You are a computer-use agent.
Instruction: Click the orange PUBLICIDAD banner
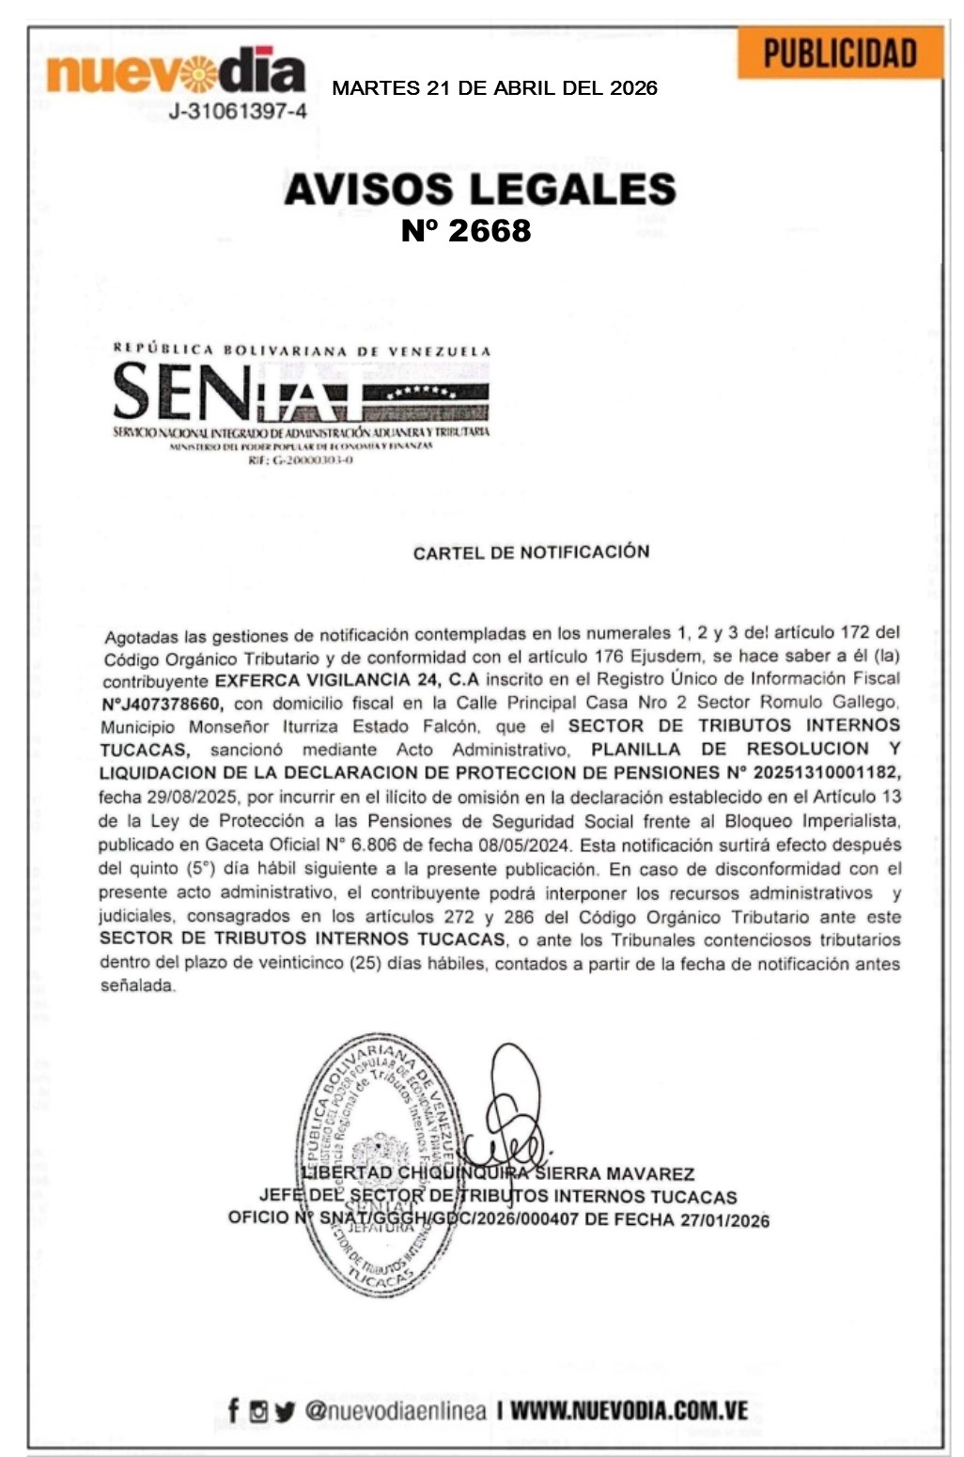click(x=839, y=54)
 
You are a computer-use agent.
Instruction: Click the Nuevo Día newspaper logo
click(x=175, y=72)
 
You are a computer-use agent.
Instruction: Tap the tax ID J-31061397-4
click(x=238, y=112)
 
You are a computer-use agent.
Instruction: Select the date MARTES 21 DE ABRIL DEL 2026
click(x=494, y=89)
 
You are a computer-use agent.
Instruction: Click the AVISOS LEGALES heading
click(x=480, y=189)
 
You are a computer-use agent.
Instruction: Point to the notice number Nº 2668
click(x=466, y=231)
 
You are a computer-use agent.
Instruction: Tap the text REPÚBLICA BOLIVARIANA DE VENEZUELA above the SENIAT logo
click(x=302, y=349)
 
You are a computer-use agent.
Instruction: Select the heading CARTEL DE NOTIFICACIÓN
click(x=531, y=551)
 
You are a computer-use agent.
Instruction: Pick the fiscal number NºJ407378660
click(x=163, y=703)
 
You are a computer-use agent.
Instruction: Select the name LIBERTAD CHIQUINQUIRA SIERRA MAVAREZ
click(x=498, y=1174)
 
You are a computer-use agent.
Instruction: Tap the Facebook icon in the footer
click(x=233, y=1410)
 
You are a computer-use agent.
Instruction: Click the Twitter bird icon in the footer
click(x=286, y=1411)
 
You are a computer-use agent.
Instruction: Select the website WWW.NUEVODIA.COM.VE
click(x=629, y=1410)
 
